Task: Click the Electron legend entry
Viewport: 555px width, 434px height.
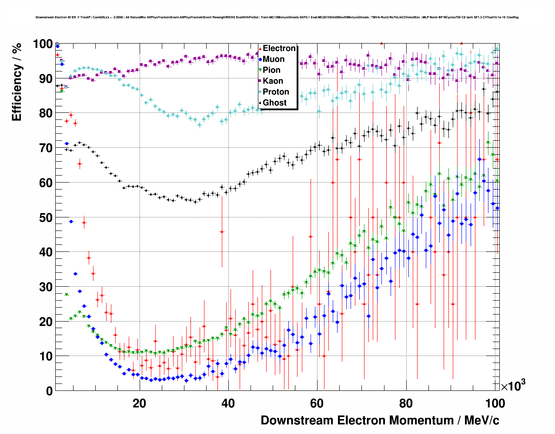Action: pos(279,48)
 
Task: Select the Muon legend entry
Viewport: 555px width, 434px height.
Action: pos(274,59)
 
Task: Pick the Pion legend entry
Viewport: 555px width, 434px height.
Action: pos(271,70)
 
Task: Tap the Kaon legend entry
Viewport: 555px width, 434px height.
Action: pos(273,81)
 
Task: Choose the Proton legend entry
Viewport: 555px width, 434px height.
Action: pos(276,92)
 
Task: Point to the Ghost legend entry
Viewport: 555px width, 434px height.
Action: pos(274,103)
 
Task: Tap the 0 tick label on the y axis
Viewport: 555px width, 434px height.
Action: pos(49,391)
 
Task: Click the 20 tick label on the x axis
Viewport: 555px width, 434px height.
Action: pos(139,403)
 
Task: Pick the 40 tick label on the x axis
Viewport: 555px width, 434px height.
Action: pos(228,403)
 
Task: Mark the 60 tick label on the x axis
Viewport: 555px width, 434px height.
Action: pos(317,403)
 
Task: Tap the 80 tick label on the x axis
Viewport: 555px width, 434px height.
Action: pos(406,403)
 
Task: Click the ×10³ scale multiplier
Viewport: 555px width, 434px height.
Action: pos(513,386)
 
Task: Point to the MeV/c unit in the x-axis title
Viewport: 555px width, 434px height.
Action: pos(481,420)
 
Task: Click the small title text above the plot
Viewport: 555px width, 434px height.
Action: pos(277,17)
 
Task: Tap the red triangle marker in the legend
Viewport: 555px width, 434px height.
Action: pos(260,48)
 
